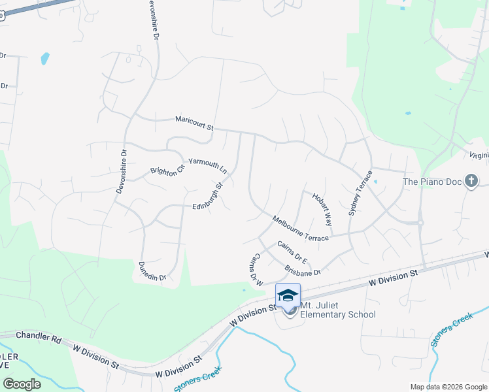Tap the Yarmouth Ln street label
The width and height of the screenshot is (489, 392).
pyautogui.click(x=207, y=165)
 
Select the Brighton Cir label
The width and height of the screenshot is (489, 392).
pyautogui.click(x=168, y=170)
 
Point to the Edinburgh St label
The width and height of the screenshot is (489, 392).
pyautogui.click(x=208, y=196)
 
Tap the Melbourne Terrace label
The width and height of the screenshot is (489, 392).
pyautogui.click(x=300, y=229)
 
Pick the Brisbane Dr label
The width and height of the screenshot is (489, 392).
pyautogui.click(x=303, y=270)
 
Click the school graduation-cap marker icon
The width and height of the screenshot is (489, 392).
pyautogui.click(x=288, y=295)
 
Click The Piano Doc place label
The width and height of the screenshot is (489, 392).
pyautogui.click(x=431, y=182)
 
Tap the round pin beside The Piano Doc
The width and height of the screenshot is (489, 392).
pyautogui.click(x=472, y=182)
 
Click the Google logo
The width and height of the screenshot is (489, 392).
pyautogui.click(x=22, y=384)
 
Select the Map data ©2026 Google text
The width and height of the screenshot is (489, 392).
pyautogui.click(x=448, y=387)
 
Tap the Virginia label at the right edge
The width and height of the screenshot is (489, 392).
pyautogui.click(x=479, y=155)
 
